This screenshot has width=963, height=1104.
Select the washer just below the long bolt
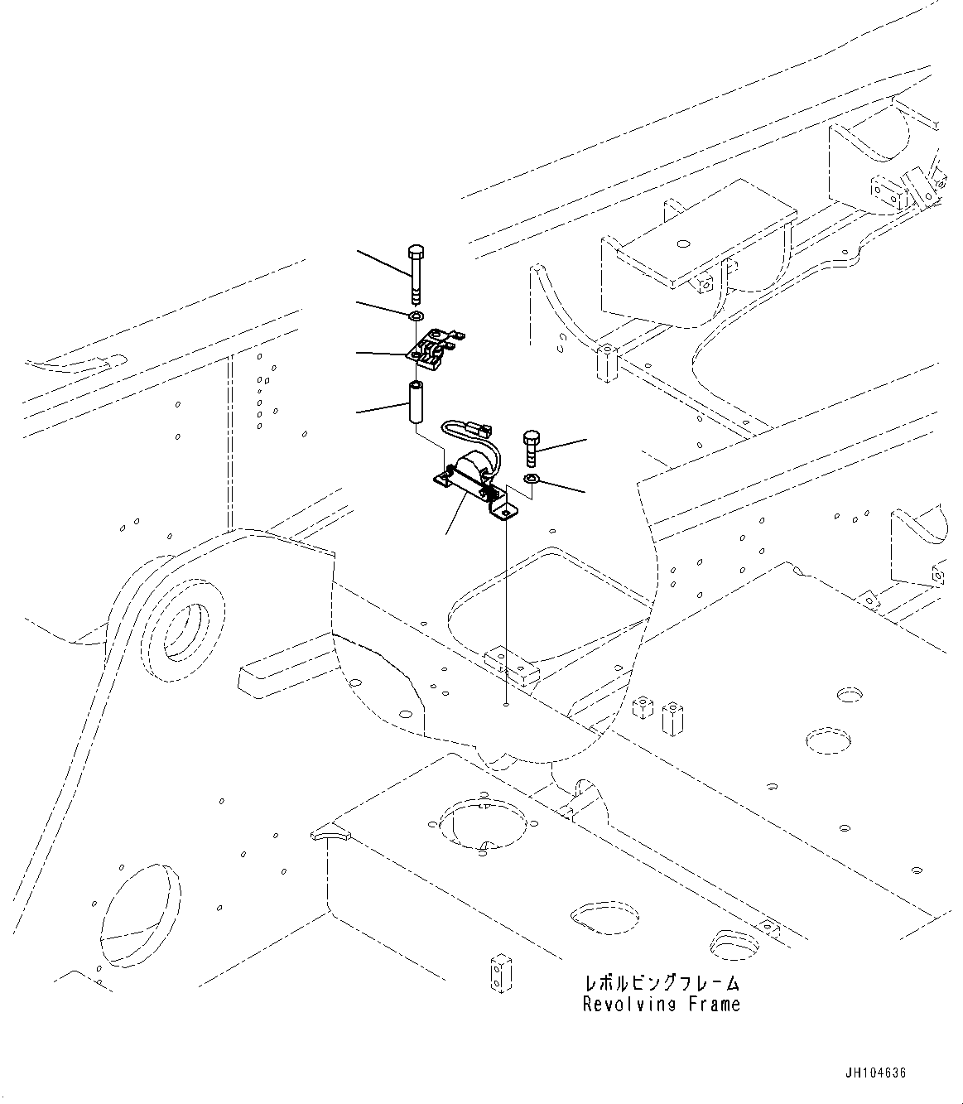(416, 316)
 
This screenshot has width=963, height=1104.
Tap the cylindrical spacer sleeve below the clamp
(414, 403)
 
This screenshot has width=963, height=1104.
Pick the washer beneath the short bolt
(532, 480)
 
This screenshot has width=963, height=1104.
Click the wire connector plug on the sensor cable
(480, 429)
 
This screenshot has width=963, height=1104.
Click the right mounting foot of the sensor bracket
(504, 514)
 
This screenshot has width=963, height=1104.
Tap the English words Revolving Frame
(661, 1005)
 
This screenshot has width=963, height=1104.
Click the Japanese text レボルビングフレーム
(661, 984)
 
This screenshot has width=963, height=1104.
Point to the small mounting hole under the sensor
(505, 706)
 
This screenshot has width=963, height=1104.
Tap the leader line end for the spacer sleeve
(358, 411)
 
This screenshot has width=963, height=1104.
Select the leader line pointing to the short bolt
(585, 439)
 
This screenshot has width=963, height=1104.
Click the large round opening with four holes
(481, 823)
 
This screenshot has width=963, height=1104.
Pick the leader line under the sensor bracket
(447, 532)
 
